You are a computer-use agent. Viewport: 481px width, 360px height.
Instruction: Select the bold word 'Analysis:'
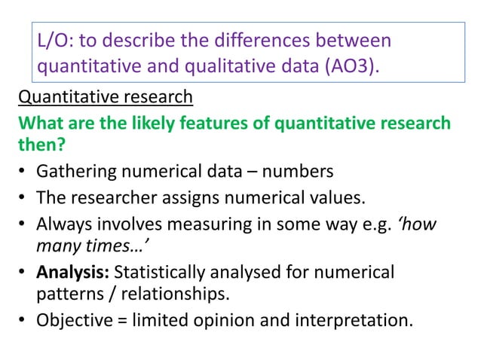point(73,271)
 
